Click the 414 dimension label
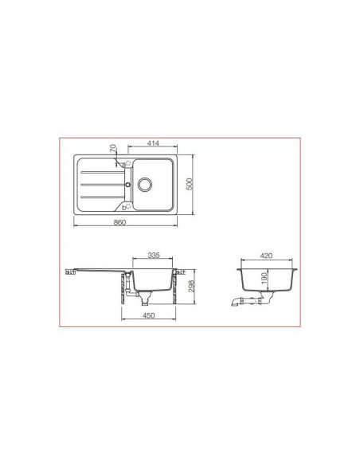coord(153,143)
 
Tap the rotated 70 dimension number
coord(113,148)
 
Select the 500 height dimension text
coord(190,184)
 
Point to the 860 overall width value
coord(119,222)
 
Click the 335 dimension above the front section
coord(154,255)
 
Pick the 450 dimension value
coord(149,315)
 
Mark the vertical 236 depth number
coord(191,286)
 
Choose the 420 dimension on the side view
coord(266,256)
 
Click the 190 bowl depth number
coord(264,278)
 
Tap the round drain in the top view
coord(145,185)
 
